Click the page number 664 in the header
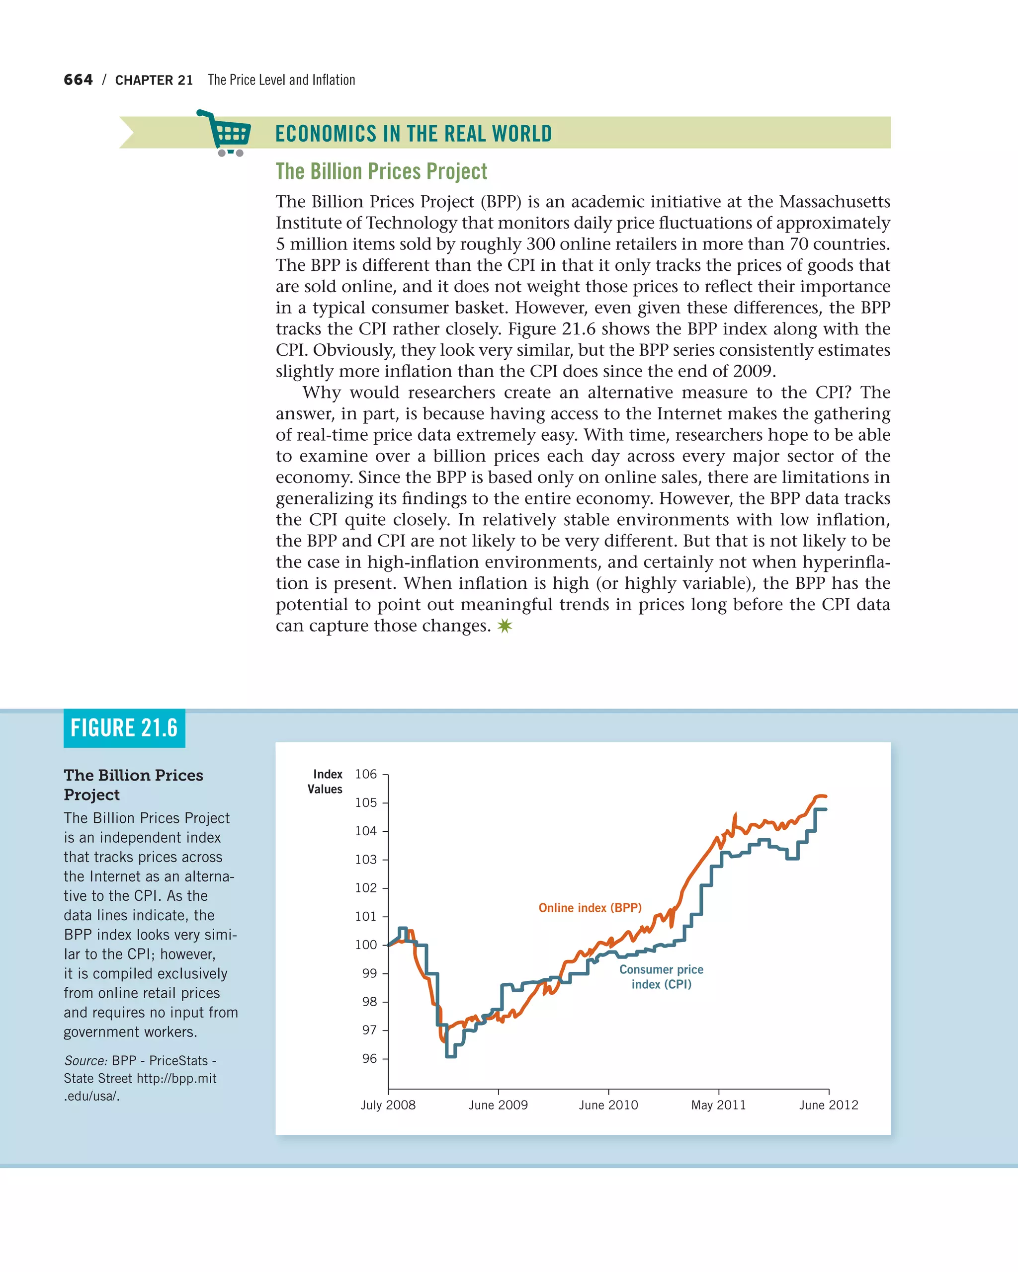click(x=78, y=79)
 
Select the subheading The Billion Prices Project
click(x=381, y=171)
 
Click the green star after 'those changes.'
click(x=505, y=626)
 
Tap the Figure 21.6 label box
click(x=124, y=727)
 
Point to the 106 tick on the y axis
click(x=365, y=774)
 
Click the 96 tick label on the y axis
click(x=369, y=1058)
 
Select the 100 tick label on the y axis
click(x=365, y=945)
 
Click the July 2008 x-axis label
click(x=388, y=1105)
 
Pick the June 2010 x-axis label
click(x=608, y=1105)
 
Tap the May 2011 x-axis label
click(x=718, y=1105)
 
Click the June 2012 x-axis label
click(x=828, y=1105)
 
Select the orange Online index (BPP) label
click(x=590, y=907)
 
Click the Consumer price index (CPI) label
click(x=661, y=976)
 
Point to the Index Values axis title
click(x=326, y=781)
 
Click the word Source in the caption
click(x=85, y=1060)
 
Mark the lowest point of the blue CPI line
click(x=450, y=1056)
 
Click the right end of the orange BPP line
click(x=826, y=796)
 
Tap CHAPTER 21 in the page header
click(x=154, y=80)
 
